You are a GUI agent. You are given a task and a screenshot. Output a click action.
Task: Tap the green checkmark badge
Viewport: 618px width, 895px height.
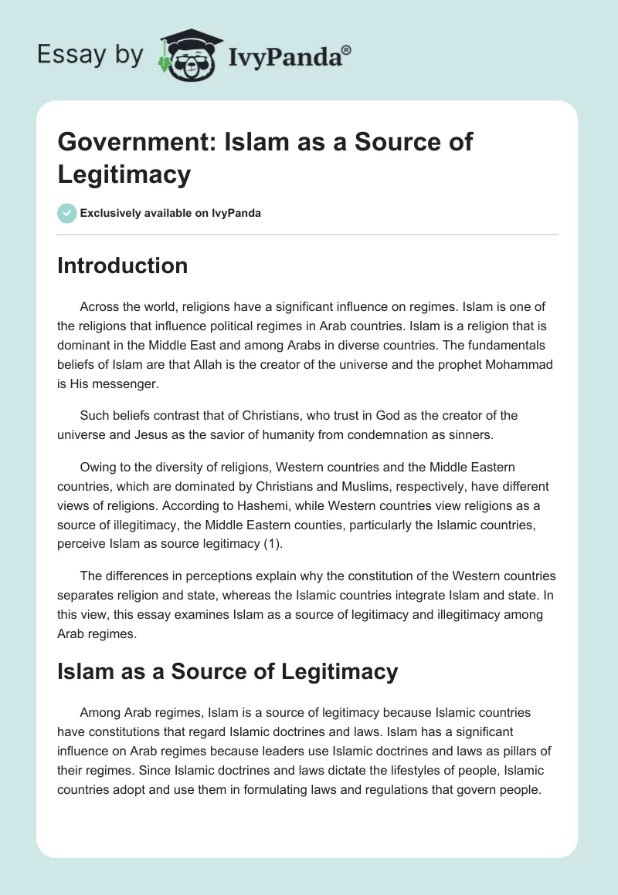67,213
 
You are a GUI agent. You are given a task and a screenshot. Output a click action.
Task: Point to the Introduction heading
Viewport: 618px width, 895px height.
123,265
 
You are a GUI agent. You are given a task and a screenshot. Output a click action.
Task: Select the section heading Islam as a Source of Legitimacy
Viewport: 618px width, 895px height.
228,671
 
